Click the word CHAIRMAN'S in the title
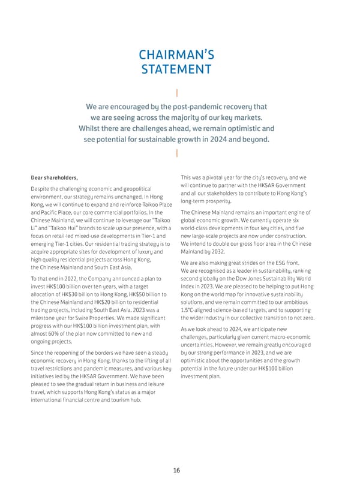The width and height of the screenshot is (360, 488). [176, 55]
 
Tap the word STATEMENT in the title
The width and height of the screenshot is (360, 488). [176, 70]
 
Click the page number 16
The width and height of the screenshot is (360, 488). [176, 470]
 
